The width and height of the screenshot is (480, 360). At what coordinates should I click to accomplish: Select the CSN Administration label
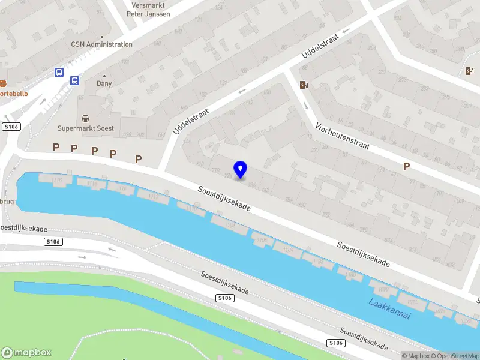click(101, 44)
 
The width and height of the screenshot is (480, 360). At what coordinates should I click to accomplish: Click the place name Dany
click(104, 85)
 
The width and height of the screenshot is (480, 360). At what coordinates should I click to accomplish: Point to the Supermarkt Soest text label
click(85, 128)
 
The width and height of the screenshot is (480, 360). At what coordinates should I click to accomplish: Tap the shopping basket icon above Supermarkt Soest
click(86, 118)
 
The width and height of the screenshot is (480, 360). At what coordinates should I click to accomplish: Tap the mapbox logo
click(26, 352)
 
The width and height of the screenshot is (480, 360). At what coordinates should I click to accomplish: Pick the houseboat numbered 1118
click(57, 179)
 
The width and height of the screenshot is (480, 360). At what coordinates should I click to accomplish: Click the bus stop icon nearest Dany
click(74, 81)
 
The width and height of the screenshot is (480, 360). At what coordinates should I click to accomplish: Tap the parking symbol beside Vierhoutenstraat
click(406, 166)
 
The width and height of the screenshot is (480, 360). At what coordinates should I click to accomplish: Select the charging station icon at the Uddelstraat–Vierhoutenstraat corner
click(304, 85)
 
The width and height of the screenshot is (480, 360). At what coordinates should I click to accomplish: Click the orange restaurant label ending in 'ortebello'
click(13, 94)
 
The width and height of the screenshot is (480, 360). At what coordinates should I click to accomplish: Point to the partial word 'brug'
click(7, 202)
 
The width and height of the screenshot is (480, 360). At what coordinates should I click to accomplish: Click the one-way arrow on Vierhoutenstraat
click(305, 106)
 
